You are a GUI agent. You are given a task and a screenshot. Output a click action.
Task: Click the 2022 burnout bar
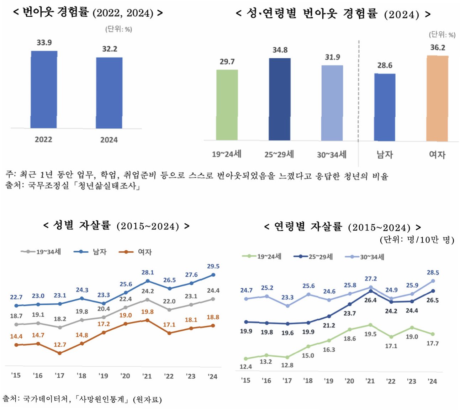click(x=44, y=89)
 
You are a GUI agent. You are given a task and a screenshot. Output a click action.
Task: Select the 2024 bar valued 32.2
click(x=109, y=92)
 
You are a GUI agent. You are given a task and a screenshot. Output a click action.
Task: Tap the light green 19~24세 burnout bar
click(x=227, y=105)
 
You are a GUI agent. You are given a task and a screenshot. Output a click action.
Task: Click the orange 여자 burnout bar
click(x=437, y=98)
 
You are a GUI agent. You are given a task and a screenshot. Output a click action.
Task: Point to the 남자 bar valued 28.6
click(x=385, y=107)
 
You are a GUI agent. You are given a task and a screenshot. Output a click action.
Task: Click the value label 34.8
click(x=280, y=50)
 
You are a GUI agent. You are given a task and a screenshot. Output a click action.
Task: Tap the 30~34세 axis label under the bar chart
click(x=332, y=155)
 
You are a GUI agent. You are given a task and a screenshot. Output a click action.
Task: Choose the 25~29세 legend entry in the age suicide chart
click(x=313, y=257)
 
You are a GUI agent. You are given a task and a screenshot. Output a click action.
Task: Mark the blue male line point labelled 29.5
click(x=213, y=275)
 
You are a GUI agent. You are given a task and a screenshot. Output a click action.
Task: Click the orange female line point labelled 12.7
click(x=60, y=353)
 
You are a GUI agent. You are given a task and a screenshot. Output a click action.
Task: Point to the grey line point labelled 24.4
click(x=213, y=299)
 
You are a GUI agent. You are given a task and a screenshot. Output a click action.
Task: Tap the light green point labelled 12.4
click(x=246, y=359)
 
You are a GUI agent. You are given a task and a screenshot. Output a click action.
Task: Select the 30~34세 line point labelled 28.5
click(x=433, y=281)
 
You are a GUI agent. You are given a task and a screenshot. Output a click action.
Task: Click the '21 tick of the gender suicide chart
click(x=147, y=376)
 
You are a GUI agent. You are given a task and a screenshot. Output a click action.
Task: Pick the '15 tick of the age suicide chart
click(x=245, y=380)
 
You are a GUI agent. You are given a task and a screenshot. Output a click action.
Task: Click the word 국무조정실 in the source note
click(x=48, y=186)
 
